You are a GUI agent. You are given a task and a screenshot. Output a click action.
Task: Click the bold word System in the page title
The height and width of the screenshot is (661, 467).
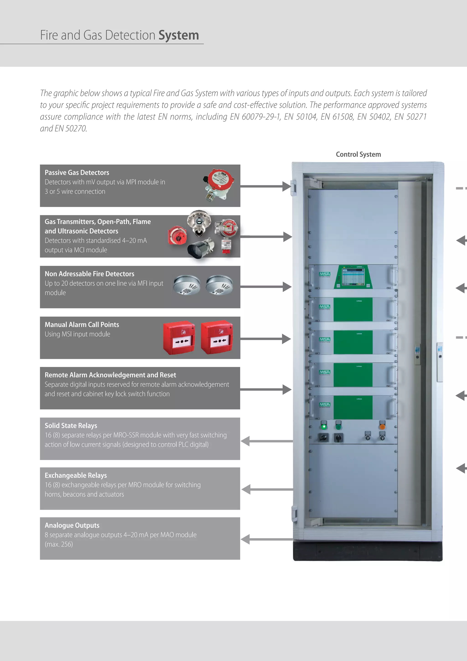[x=179, y=35]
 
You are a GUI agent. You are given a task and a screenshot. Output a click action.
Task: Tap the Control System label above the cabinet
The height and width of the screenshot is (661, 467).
[x=358, y=154]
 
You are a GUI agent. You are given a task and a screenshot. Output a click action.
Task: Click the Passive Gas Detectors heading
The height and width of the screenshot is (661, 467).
[x=77, y=173]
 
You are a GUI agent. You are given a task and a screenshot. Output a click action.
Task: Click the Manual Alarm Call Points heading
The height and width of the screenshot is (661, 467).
[x=82, y=325]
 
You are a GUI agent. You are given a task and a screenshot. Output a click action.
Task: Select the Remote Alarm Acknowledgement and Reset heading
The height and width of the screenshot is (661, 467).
[x=110, y=375]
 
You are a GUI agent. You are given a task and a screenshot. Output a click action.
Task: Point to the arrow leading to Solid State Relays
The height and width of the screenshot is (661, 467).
[x=266, y=441]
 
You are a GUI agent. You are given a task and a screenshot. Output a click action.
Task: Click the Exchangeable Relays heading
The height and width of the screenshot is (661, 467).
[x=76, y=475]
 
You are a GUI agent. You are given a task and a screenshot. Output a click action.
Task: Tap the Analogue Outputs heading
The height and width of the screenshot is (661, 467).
[x=72, y=525]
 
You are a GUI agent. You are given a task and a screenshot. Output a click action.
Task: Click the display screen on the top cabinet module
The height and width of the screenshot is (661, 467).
[x=353, y=276]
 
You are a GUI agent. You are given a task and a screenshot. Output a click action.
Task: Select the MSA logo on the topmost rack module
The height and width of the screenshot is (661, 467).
[x=324, y=274]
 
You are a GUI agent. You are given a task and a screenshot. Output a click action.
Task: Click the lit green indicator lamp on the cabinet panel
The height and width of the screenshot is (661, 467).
[x=324, y=426]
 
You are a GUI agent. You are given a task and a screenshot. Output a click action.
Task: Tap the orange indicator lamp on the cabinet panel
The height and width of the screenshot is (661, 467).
[x=382, y=426]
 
